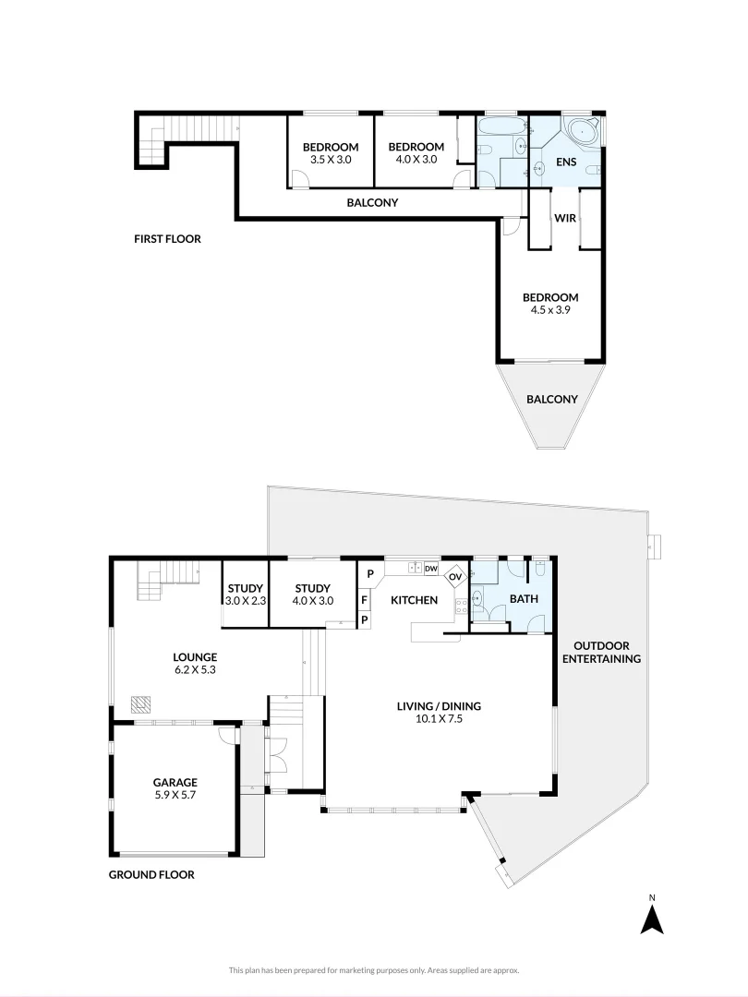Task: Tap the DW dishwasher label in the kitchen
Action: point(430,569)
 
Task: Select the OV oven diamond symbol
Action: point(455,578)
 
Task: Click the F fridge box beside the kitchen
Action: point(365,599)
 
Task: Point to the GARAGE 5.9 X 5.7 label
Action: point(175,788)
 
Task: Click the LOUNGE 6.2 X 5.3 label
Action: point(195,664)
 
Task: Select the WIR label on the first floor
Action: point(565,219)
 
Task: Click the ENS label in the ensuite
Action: point(565,163)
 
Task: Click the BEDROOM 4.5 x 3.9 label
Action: point(550,304)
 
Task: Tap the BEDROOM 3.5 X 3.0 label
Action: point(331,153)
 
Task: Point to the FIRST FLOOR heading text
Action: point(167,239)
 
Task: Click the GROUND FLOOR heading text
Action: point(151,874)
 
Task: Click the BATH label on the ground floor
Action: point(523,599)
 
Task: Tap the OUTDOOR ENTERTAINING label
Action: point(607,652)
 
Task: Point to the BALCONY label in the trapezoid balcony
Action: point(551,400)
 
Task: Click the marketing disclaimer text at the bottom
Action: point(374,970)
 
